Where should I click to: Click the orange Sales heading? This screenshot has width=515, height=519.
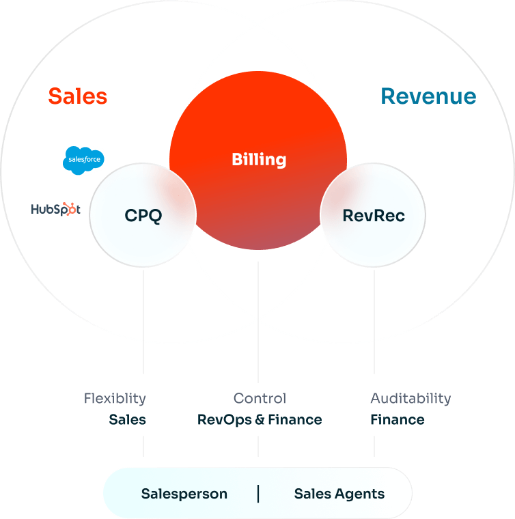[78, 96]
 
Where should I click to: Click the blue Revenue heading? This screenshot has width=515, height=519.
[428, 96]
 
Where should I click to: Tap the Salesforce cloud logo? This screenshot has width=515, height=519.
[83, 160]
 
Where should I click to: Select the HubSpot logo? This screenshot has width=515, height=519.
[55, 209]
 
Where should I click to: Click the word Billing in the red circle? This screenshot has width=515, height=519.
[259, 160]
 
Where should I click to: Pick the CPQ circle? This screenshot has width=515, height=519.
[143, 216]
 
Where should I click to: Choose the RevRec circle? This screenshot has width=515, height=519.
[374, 216]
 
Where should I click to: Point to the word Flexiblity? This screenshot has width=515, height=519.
[115, 398]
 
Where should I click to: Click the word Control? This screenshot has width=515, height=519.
[260, 398]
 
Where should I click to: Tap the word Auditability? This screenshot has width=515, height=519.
[410, 398]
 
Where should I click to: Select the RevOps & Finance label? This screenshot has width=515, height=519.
[260, 419]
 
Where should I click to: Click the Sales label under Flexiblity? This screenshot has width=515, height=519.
[128, 419]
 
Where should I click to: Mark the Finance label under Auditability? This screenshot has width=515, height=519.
[398, 419]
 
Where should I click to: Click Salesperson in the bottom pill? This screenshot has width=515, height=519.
[184, 494]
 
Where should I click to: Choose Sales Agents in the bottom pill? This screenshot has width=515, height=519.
[339, 494]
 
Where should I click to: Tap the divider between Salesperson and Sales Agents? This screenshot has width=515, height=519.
[258, 494]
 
